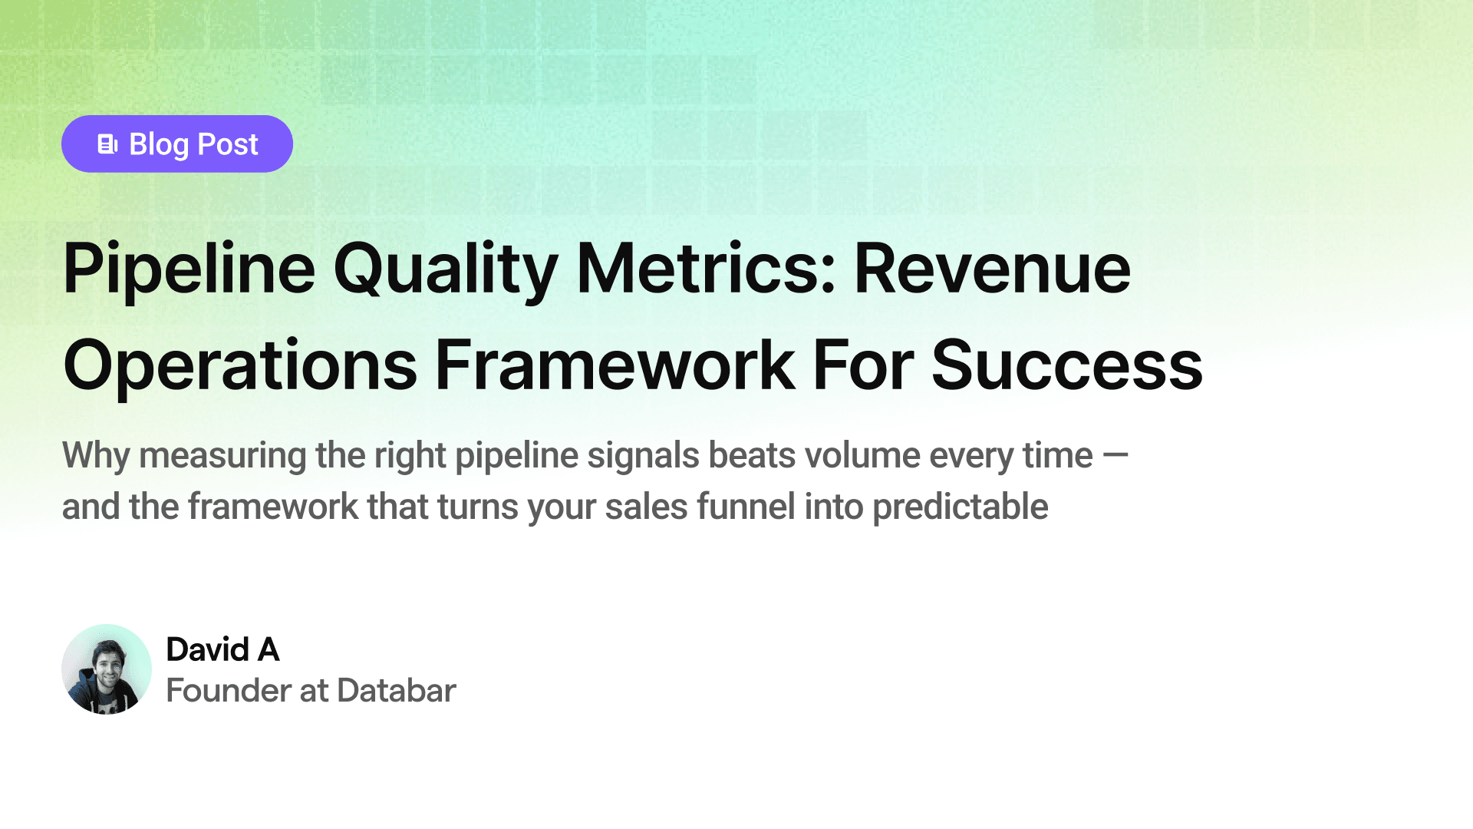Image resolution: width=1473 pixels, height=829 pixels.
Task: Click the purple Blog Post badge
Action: coord(177,144)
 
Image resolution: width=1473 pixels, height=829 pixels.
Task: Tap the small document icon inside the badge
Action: coord(107,144)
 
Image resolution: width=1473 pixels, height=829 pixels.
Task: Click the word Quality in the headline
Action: coord(446,270)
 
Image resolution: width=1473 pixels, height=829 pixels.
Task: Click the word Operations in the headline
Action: coord(240,367)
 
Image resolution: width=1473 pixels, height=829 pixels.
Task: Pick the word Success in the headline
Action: coord(1067,365)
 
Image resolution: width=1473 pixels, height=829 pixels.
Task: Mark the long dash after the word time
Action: coord(1115,456)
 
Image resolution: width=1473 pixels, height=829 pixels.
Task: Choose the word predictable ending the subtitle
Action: coord(960,507)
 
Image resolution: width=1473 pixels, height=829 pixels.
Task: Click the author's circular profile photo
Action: coord(107,669)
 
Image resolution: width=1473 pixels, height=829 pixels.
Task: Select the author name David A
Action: coord(222,649)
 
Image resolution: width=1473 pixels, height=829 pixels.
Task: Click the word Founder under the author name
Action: coord(228,690)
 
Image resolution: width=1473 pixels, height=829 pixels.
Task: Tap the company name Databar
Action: coord(397,690)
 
